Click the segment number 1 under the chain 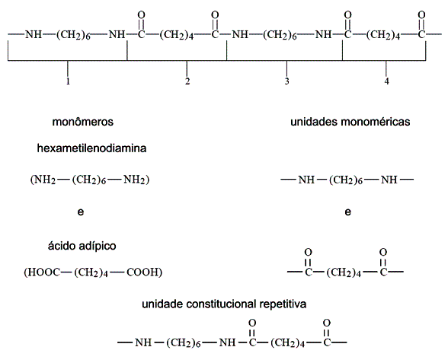[x=68, y=81]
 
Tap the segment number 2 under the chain [x=187, y=81]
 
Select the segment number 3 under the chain [x=286, y=81]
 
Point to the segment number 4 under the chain [x=386, y=81]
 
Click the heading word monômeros [x=83, y=122]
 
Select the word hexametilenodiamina [x=91, y=148]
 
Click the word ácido [x=62, y=245]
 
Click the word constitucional [x=221, y=304]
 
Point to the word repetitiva [x=283, y=304]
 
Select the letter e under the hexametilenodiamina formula [x=81, y=212]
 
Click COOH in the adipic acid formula [x=142, y=272]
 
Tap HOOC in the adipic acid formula [x=43, y=272]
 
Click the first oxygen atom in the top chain [x=141, y=14]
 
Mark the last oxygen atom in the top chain [x=421, y=14]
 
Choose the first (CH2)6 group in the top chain [x=73, y=35]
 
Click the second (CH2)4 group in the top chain [x=383, y=35]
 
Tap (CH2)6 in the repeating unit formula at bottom [x=184, y=342]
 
